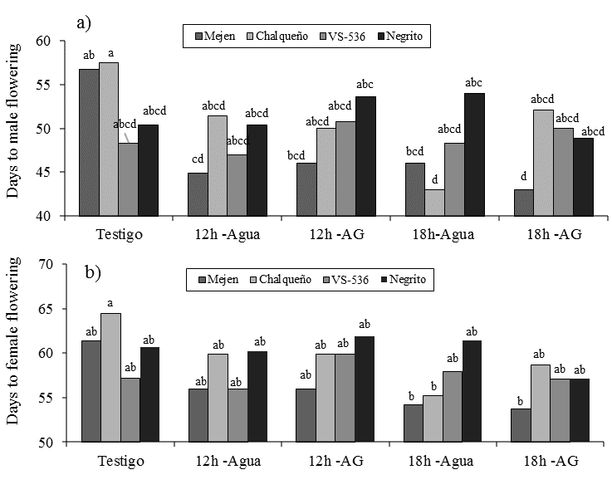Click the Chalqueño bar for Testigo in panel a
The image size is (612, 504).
pyautogui.click(x=109, y=139)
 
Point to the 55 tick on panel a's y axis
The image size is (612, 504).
pyautogui.click(x=44, y=85)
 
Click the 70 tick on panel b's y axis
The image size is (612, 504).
pyautogui.click(x=44, y=265)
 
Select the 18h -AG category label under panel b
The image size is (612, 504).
pyautogui.click(x=545, y=461)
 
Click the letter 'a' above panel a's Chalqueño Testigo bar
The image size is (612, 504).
pyautogui.click(x=110, y=53)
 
